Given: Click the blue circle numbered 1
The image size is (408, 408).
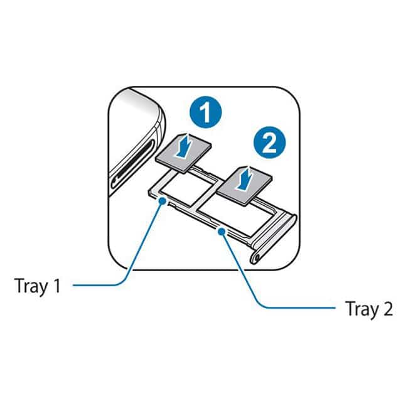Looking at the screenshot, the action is (205, 112).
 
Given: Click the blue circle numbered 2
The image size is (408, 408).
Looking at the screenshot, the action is (269, 142).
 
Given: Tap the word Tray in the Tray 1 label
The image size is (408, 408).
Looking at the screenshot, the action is (32, 286).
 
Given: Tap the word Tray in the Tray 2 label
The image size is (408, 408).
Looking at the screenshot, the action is (362, 309).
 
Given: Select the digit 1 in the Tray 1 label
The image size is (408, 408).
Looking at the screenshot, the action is (57, 286).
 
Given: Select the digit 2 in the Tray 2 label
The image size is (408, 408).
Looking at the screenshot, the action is (388, 308).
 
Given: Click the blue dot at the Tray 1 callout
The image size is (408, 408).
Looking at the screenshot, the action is (163, 201).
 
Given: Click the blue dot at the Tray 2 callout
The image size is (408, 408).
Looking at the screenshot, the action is (222, 230).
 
